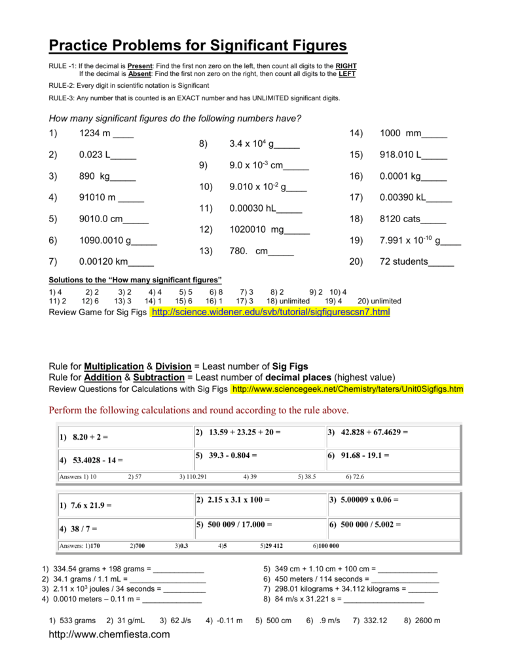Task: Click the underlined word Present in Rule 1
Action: (139, 67)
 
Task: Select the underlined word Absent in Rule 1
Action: (139, 74)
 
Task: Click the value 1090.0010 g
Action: (105, 240)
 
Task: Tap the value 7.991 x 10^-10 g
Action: (410, 240)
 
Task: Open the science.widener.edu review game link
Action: (270, 313)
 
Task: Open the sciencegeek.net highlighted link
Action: (347, 389)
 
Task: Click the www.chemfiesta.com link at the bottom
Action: (109, 634)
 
